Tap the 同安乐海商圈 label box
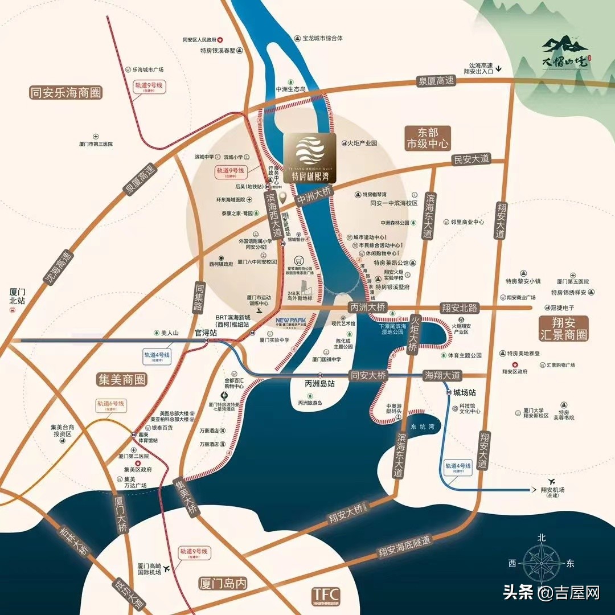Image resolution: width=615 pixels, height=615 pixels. pyautogui.click(x=65, y=92)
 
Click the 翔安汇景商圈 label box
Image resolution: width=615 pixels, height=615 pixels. pyautogui.click(x=563, y=329)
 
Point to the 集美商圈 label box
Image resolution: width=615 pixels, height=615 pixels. pyautogui.click(x=121, y=379)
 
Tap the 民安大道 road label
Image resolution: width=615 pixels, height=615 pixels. pyautogui.click(x=471, y=159)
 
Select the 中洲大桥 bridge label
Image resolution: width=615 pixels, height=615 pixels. pyautogui.click(x=313, y=197)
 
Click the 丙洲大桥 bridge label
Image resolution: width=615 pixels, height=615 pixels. pyautogui.click(x=368, y=307)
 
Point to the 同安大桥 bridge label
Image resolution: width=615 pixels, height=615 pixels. pyautogui.click(x=368, y=375)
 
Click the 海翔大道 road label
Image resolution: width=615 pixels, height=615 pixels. pyautogui.click(x=442, y=375)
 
